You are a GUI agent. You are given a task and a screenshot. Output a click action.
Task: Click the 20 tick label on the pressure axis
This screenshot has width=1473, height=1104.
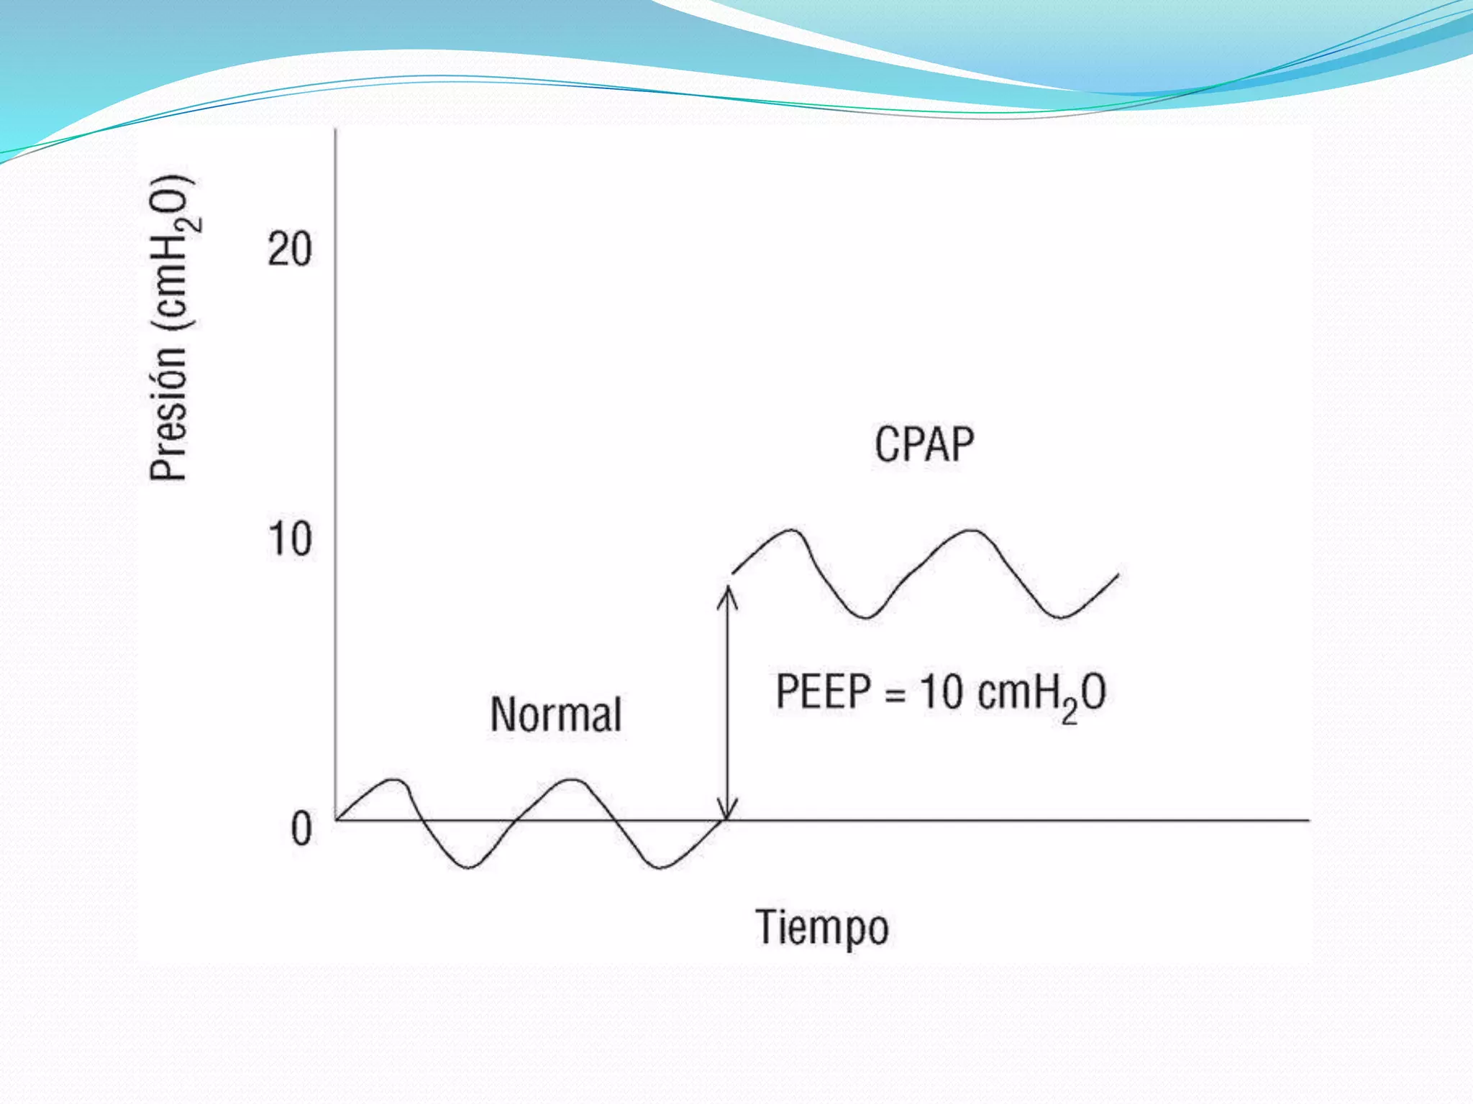tap(289, 250)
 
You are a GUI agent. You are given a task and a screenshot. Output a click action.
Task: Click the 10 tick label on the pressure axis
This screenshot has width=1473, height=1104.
tap(289, 540)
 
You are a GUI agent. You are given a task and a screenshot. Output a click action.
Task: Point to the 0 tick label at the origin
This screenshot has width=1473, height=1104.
tap(301, 829)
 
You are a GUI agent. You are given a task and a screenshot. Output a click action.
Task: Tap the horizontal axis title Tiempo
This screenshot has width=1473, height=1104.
tap(822, 928)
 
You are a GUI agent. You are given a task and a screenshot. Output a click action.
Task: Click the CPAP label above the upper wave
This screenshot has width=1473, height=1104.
tap(924, 444)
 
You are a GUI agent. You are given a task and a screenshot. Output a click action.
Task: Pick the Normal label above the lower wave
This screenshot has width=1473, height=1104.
tap(555, 714)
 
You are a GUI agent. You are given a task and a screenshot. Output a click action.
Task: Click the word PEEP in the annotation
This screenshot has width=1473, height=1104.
tap(824, 691)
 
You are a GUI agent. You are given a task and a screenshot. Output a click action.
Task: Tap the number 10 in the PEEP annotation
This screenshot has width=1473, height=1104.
tap(941, 693)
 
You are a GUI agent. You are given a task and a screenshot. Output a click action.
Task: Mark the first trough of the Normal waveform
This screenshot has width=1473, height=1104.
tap(468, 867)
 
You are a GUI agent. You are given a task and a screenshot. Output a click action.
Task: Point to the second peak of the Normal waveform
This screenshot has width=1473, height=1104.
tap(573, 780)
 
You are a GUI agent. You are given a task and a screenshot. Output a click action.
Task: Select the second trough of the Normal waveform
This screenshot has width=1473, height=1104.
tap(660, 867)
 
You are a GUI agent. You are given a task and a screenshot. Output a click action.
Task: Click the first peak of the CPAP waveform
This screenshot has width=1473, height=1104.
tap(792, 531)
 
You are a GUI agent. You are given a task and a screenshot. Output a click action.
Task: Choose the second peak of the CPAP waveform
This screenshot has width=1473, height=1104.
tap(971, 531)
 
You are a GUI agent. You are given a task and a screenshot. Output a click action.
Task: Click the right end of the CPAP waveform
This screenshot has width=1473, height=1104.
tap(1117, 576)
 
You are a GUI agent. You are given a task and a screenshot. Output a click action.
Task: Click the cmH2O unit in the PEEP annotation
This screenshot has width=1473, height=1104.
tap(1042, 694)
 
